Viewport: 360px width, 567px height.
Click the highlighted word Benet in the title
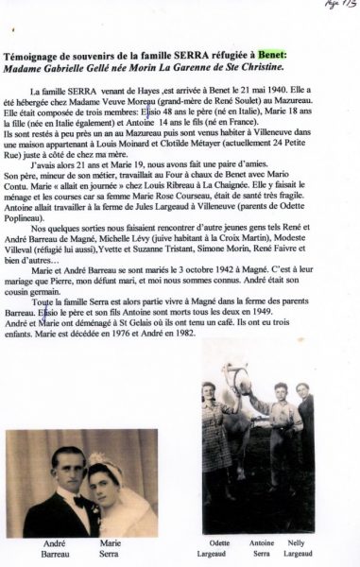[x=271, y=57]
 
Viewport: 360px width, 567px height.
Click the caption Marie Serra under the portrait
[x=111, y=549]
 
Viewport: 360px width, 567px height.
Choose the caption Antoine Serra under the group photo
[x=264, y=548]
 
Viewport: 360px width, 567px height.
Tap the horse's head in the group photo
[x=244, y=384]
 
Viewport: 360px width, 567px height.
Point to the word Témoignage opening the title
[x=41, y=57]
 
